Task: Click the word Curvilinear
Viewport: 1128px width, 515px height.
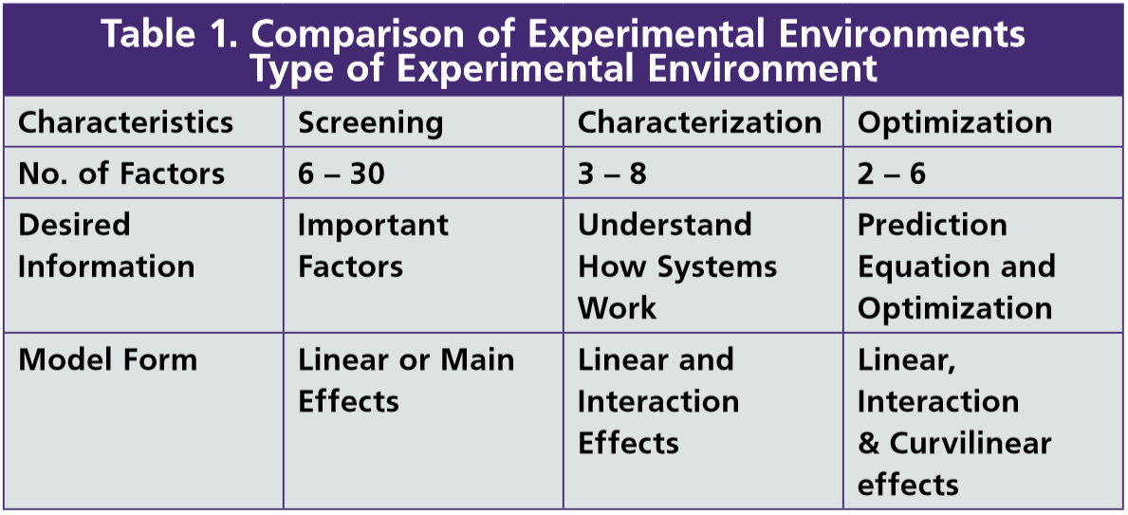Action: [x=971, y=443]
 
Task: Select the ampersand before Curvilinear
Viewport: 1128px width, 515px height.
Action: [x=869, y=443]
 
